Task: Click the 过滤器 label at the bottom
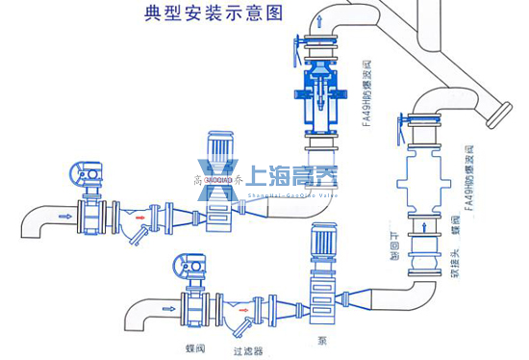coord(248,350)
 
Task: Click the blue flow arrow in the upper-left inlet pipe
coord(64,217)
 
